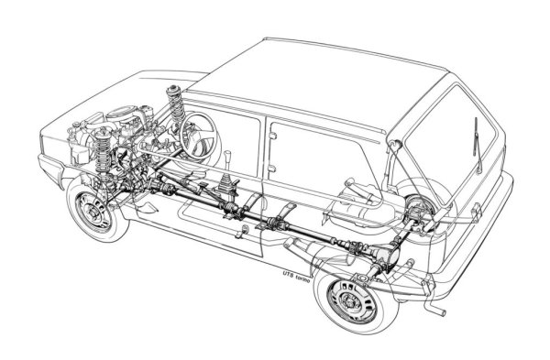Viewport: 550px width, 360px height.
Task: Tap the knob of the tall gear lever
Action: coord(227,156)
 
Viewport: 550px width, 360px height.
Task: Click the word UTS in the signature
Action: coord(288,273)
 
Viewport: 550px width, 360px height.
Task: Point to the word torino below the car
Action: coord(302,276)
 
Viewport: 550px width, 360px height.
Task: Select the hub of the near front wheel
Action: coord(93,212)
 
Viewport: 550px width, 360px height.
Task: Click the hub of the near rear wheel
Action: coord(349,300)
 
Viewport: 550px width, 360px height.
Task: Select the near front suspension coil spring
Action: coord(103,151)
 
